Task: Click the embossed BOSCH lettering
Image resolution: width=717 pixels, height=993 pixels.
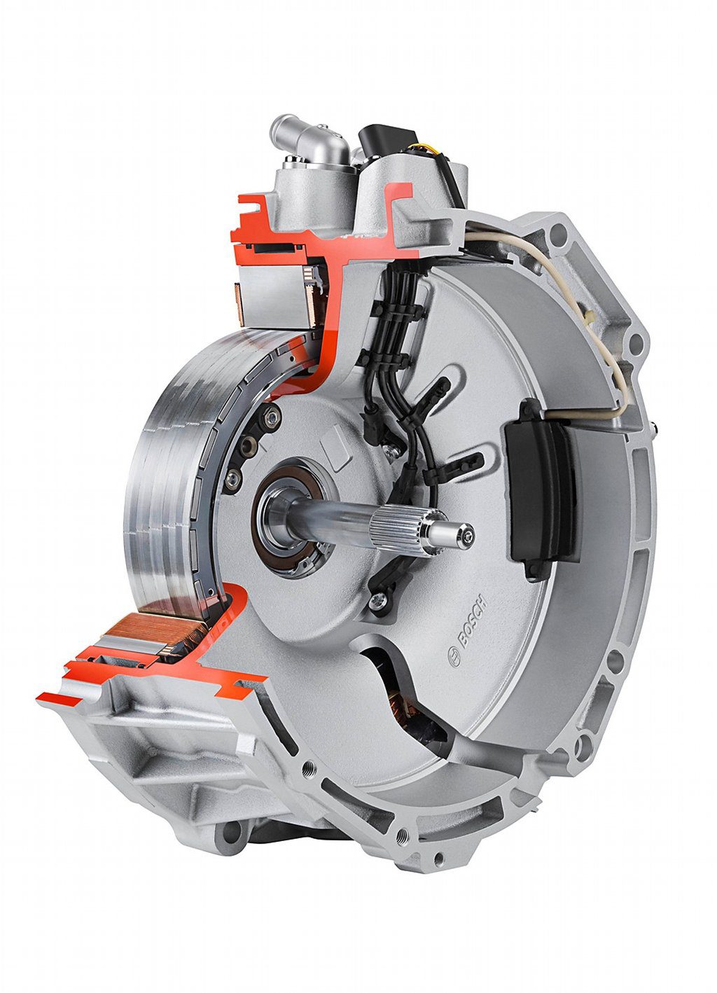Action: [473, 620]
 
